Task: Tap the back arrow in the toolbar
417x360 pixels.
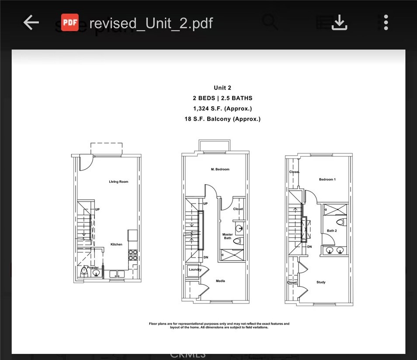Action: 31,23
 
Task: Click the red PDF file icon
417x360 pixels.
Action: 70,23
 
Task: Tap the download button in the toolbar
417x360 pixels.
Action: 339,23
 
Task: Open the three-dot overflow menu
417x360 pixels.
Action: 386,23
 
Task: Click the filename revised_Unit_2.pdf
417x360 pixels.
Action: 151,23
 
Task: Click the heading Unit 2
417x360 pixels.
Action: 222,88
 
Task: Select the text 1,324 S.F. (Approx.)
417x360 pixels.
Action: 222,108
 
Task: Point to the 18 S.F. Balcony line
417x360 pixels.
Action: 222,119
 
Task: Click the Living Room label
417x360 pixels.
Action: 118,182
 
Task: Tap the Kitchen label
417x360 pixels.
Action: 116,245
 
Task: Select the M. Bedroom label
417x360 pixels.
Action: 220,169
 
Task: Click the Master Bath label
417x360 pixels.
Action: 227,237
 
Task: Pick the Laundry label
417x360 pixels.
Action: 195,270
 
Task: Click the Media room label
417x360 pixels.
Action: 221,281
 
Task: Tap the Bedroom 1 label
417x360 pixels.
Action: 327,180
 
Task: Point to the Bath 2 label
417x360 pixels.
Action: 332,231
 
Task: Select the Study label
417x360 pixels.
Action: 321,282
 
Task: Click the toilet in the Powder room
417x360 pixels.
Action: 85,273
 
